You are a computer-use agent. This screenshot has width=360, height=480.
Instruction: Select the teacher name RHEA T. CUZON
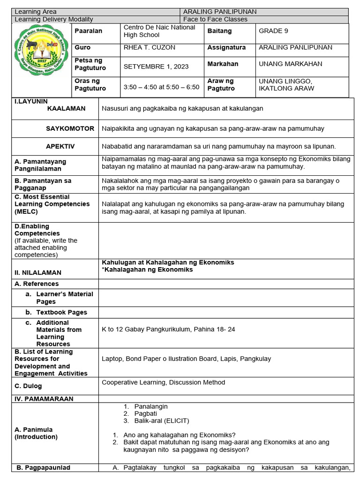coord(148,47)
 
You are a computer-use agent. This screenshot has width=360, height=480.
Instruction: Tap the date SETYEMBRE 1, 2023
coord(156,67)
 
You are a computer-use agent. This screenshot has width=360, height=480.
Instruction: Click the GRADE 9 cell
coord(273,31)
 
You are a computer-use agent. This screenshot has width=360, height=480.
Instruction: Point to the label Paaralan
coord(88,31)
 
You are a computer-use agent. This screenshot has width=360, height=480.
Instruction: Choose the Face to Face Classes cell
coord(215,19)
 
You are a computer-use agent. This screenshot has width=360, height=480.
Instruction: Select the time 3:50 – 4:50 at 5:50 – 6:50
coord(161,87)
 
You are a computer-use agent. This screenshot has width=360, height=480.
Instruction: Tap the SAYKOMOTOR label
coord(70,128)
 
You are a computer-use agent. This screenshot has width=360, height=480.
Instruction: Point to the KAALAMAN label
coord(66,108)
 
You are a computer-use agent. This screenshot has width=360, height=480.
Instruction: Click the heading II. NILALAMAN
coord(38,272)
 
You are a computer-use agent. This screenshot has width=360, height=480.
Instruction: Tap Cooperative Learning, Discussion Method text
coord(163,382)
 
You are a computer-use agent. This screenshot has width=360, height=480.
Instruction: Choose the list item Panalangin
coord(151,406)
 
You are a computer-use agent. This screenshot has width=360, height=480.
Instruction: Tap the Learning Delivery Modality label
coord(54,19)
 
